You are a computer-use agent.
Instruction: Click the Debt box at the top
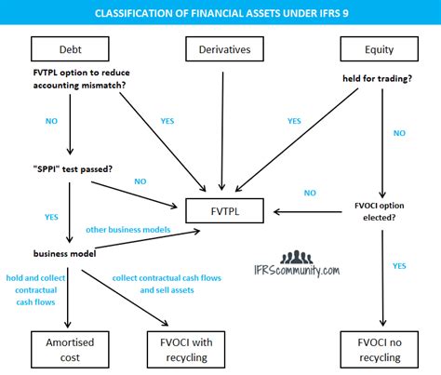[x=71, y=47]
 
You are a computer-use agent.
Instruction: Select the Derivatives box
[x=220, y=47]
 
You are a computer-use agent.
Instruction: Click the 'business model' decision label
[x=65, y=252]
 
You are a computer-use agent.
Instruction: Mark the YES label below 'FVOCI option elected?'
[x=399, y=266]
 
